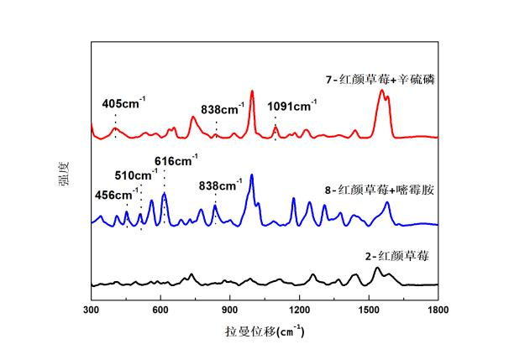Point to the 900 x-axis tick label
click(x=230, y=310)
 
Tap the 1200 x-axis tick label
click(x=299, y=310)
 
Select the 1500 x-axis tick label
click(x=369, y=310)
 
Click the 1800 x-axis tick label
click(x=438, y=310)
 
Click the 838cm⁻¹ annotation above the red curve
click(x=223, y=107)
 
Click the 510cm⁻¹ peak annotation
click(x=136, y=175)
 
